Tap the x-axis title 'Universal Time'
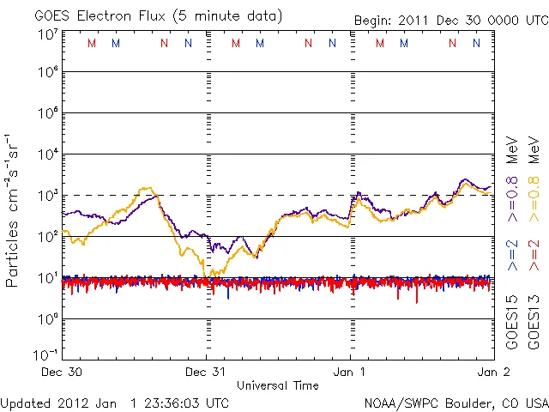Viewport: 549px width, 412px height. tap(278, 386)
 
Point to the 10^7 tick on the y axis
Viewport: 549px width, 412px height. tap(47, 33)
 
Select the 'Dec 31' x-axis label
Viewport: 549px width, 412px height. tap(207, 373)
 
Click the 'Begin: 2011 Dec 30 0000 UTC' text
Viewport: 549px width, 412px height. tap(449, 20)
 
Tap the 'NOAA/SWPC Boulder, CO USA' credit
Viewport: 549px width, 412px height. tap(455, 403)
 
